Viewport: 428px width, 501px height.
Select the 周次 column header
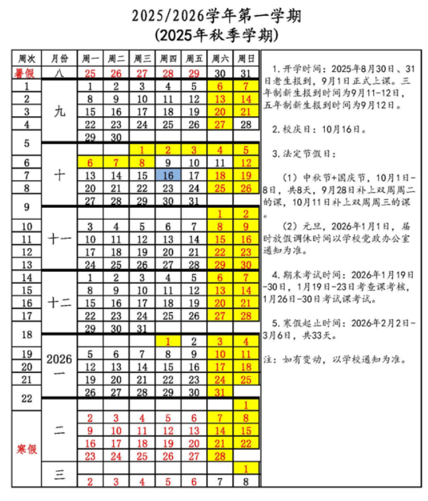[26, 58]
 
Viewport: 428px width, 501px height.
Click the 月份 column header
[59, 58]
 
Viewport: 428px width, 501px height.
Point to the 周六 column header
[220, 58]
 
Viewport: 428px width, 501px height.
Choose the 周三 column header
[142, 58]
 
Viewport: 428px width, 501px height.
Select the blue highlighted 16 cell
[168, 176]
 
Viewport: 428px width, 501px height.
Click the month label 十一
[59, 239]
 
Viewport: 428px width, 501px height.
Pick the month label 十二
[59, 303]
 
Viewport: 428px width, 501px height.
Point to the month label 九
[59, 112]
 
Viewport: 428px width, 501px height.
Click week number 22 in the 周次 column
[26, 399]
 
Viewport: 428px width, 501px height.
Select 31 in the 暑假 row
[246, 73]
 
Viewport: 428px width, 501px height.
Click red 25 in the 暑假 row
[90, 73]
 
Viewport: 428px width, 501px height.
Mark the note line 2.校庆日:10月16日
[310, 129]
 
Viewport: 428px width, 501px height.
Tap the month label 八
[59, 73]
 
